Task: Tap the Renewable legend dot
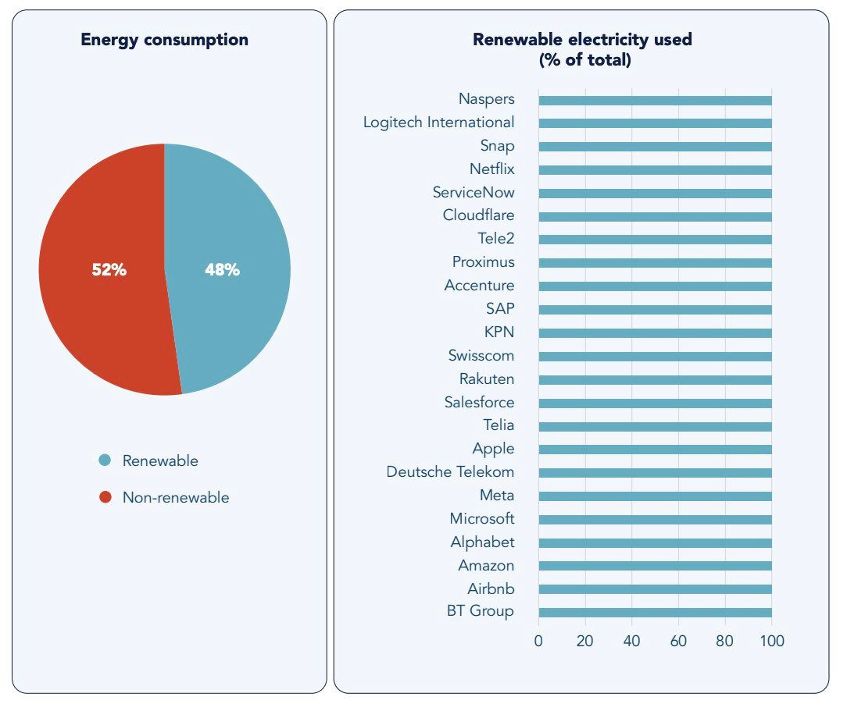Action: (105, 460)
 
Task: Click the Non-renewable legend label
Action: (176, 497)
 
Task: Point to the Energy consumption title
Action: (164, 40)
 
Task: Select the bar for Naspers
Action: (655, 100)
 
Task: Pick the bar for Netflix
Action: (655, 169)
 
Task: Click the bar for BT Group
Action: (655, 613)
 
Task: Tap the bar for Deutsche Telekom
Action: (655, 473)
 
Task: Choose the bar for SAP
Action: (655, 309)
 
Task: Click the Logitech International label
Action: (438, 123)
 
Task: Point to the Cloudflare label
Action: (478, 215)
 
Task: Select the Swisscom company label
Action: (481, 356)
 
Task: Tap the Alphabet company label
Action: (482, 542)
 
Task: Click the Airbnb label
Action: (491, 589)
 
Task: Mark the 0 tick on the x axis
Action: (538, 642)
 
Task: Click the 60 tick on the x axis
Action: (678, 642)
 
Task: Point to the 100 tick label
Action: (771, 642)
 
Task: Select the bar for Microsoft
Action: (655, 519)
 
